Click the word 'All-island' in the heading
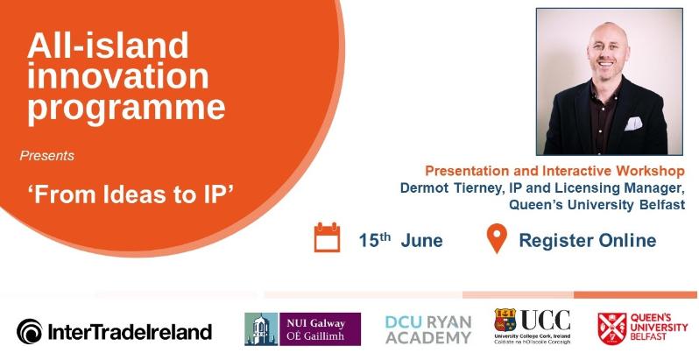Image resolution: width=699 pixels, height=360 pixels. [x=108, y=45]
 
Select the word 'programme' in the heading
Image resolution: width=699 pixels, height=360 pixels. [x=125, y=108]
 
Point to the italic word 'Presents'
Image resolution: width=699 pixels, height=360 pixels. [x=46, y=156]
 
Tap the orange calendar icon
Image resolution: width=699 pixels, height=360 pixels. [x=327, y=238]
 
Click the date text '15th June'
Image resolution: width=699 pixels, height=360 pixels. [x=400, y=240]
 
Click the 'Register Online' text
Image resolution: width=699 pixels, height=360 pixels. [x=587, y=240]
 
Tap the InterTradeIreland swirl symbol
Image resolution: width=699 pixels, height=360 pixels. [x=29, y=331]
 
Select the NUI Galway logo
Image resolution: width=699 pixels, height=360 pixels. [x=302, y=329]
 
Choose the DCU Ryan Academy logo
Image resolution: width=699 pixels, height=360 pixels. [x=427, y=328]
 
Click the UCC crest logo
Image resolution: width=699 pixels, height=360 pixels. [x=532, y=328]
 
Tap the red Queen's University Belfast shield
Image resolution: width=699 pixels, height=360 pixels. [x=612, y=327]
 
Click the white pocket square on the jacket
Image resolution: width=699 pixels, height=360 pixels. [x=634, y=123]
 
